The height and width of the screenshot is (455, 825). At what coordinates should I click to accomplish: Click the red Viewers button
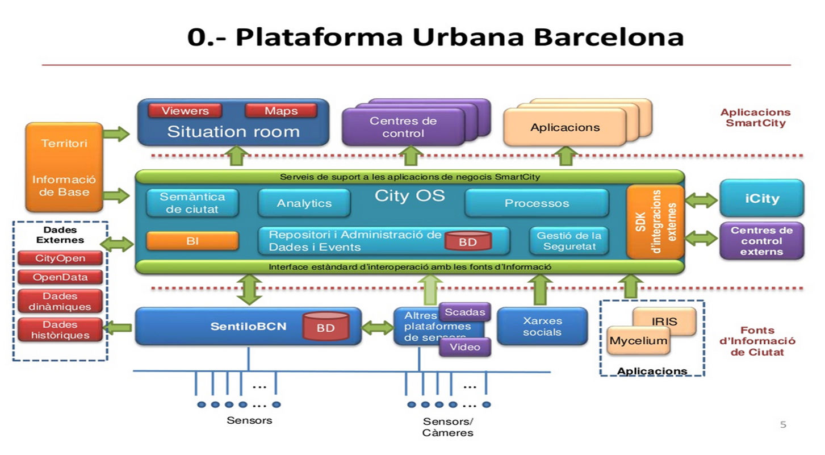point(185,111)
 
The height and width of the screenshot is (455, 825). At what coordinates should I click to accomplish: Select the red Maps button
point(280,111)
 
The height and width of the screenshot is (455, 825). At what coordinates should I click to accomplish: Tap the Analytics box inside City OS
point(304,203)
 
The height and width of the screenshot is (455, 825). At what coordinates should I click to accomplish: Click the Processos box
point(536,203)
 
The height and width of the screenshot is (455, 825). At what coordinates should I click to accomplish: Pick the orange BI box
point(192,241)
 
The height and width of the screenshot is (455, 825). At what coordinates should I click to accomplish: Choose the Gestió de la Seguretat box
point(569,241)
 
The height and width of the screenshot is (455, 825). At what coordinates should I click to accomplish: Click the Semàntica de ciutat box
point(192,203)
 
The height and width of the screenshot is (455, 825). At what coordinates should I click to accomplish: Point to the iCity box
point(761,198)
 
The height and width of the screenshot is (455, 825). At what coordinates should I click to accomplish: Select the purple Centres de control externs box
point(761,241)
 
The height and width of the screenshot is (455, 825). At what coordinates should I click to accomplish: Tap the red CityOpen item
point(60,258)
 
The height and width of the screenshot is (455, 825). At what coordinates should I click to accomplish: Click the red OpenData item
point(60,277)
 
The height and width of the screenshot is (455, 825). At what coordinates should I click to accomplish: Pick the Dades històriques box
point(60,330)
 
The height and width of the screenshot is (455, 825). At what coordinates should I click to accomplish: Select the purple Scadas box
point(464,312)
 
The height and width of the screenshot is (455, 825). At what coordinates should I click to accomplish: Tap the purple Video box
point(464,347)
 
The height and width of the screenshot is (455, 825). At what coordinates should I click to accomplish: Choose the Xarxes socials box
point(542,327)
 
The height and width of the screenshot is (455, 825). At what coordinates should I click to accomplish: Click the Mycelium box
point(638,341)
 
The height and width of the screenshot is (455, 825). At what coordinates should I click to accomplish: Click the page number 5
point(783,424)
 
